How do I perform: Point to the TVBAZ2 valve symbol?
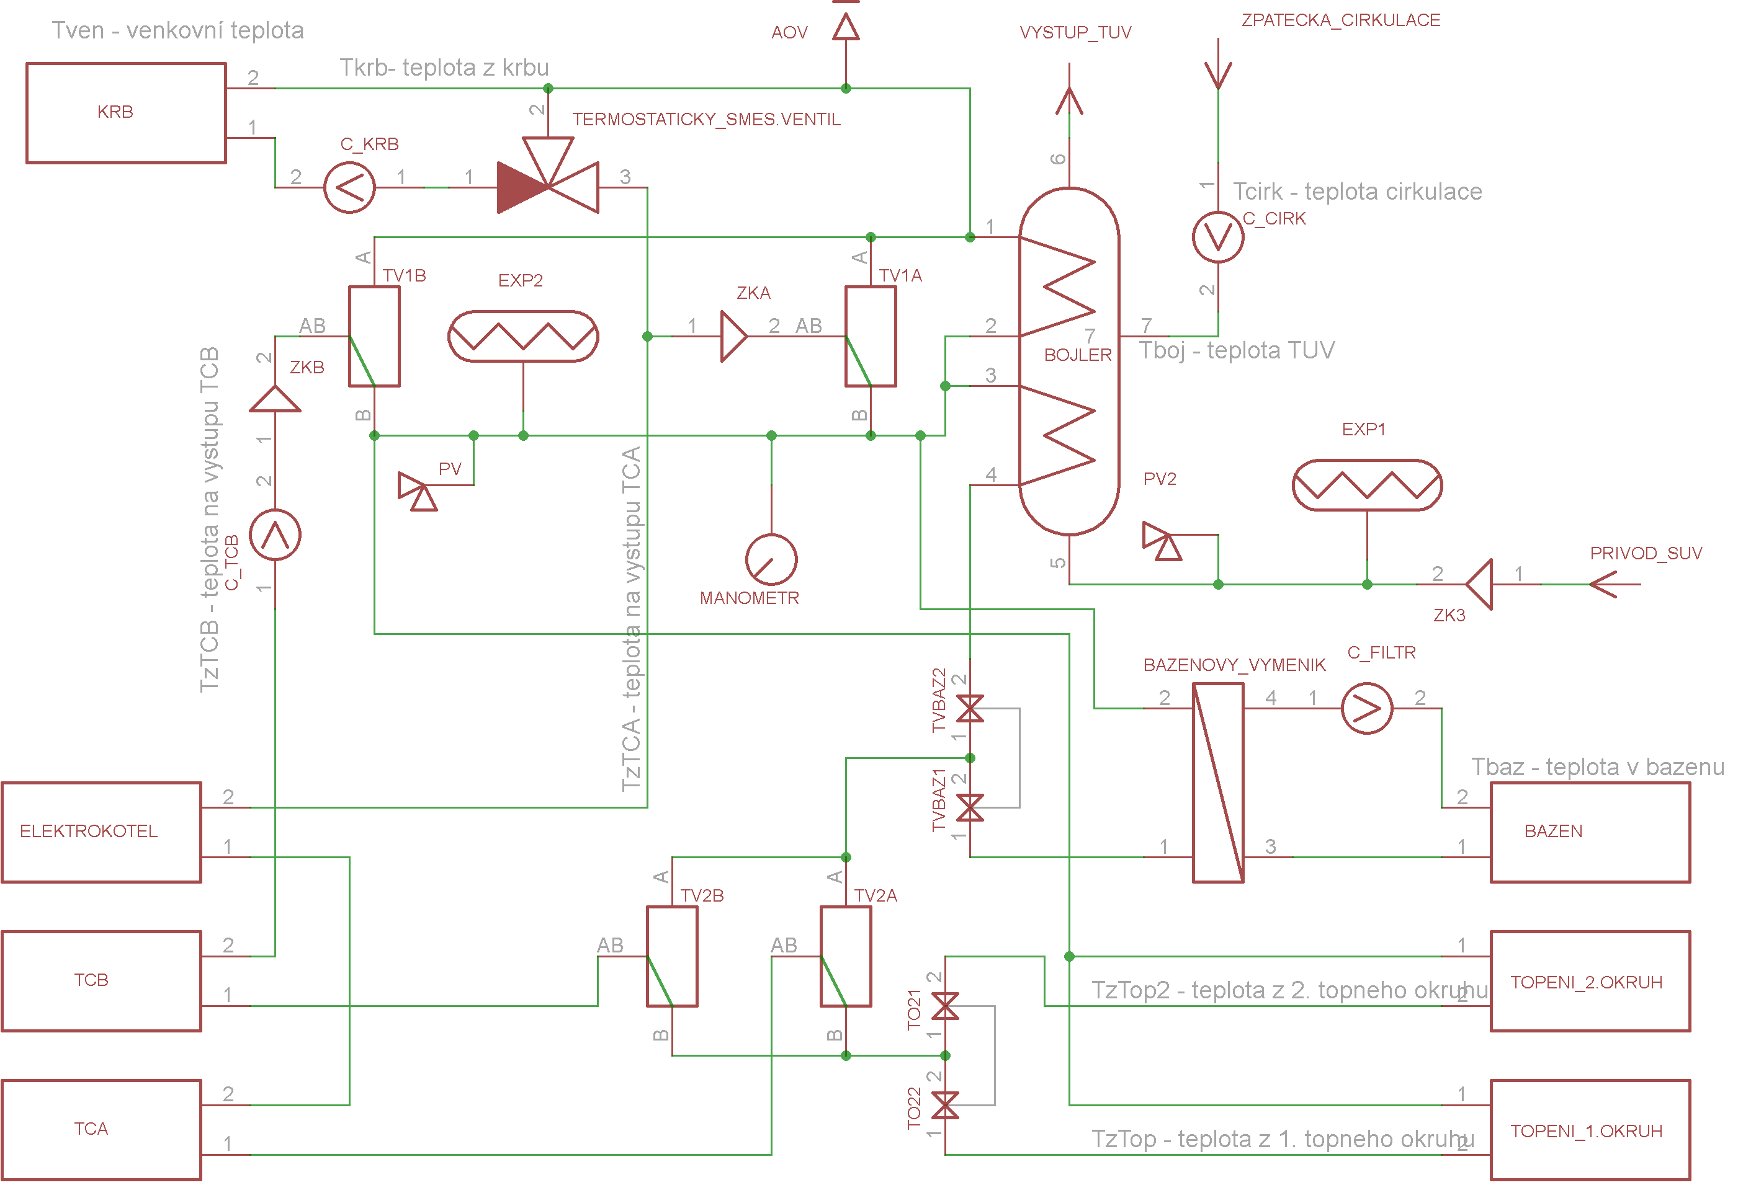(x=970, y=708)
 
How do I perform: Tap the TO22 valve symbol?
(x=945, y=1105)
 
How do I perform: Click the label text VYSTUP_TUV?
(x=1075, y=32)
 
